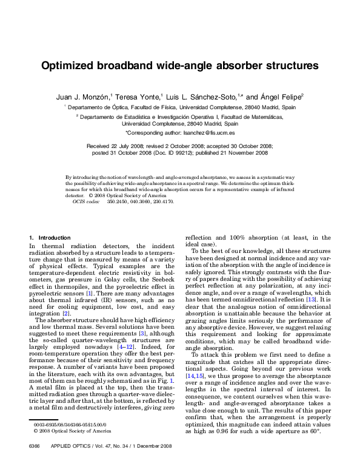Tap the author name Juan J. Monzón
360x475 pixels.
pos(83,96)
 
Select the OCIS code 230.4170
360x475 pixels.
pos(162,201)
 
